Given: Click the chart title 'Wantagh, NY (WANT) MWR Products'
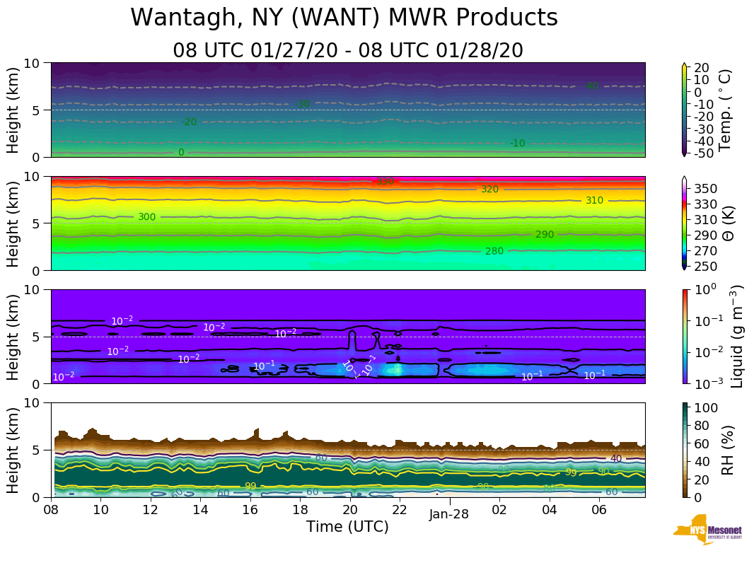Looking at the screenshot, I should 344,18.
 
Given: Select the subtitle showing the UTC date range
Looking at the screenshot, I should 347,51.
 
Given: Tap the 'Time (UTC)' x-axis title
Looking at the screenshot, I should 347,527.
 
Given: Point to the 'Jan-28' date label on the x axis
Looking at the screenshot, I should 448,515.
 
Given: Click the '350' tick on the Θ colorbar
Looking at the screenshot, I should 707,188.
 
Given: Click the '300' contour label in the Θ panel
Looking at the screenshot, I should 146,217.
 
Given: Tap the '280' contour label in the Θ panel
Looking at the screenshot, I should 494,251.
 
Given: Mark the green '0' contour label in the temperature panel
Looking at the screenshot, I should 181,152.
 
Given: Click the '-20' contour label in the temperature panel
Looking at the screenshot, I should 189,122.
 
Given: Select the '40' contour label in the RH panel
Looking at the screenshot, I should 615,458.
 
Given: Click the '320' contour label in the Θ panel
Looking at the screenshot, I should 489,190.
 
